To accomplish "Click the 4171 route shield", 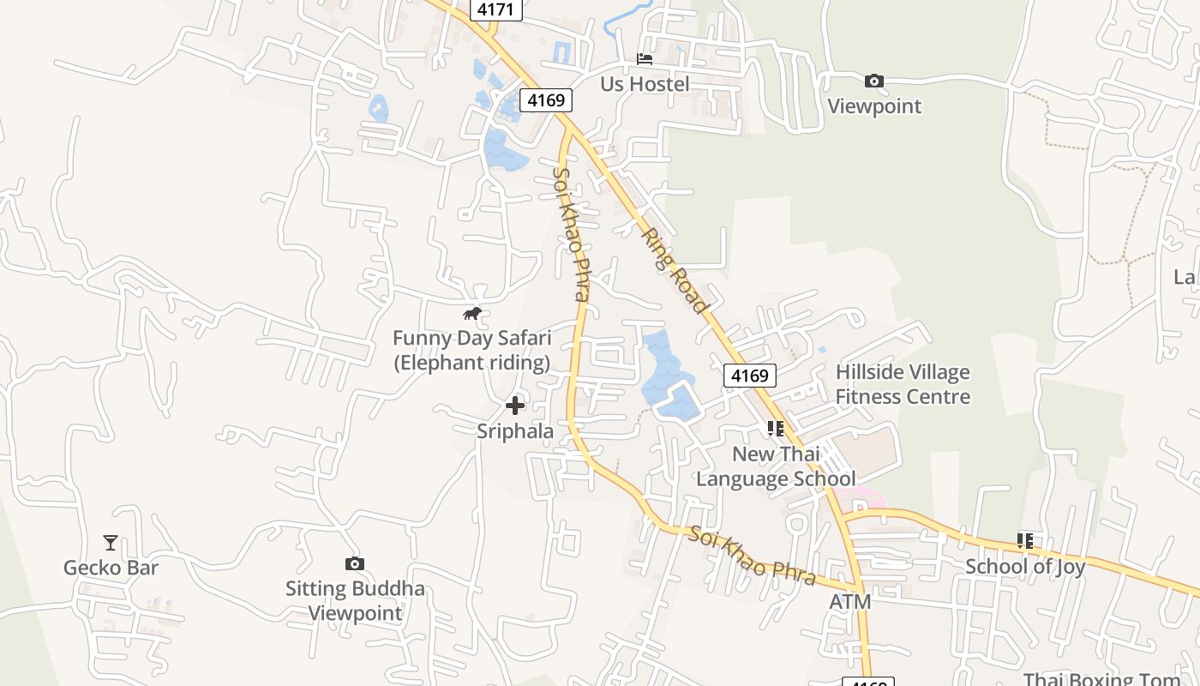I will tap(495, 9).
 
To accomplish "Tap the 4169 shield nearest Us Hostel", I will tap(546, 100).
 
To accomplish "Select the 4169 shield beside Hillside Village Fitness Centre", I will tap(750, 375).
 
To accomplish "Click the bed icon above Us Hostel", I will tap(645, 59).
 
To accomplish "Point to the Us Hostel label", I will tap(645, 84).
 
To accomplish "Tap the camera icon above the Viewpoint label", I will tap(873, 81).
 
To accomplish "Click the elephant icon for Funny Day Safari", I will tap(472, 314).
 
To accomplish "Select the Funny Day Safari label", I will tap(471, 350).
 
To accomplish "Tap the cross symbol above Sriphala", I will tap(515, 405).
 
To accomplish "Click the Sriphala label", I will tap(515, 430).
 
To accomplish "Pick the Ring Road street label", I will tap(676, 269).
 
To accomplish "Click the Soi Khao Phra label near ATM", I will tap(752, 557).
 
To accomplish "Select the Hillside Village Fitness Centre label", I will tap(903, 384).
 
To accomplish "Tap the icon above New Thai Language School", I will tap(776, 428).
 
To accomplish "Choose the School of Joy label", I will tap(1025, 566).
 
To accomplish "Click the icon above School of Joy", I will tap(1024, 541).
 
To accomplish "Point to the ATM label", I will tap(849, 602).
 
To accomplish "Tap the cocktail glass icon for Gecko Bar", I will tap(111, 542).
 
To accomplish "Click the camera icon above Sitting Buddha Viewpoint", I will tap(355, 563).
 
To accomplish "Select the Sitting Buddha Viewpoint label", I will tap(355, 601).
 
